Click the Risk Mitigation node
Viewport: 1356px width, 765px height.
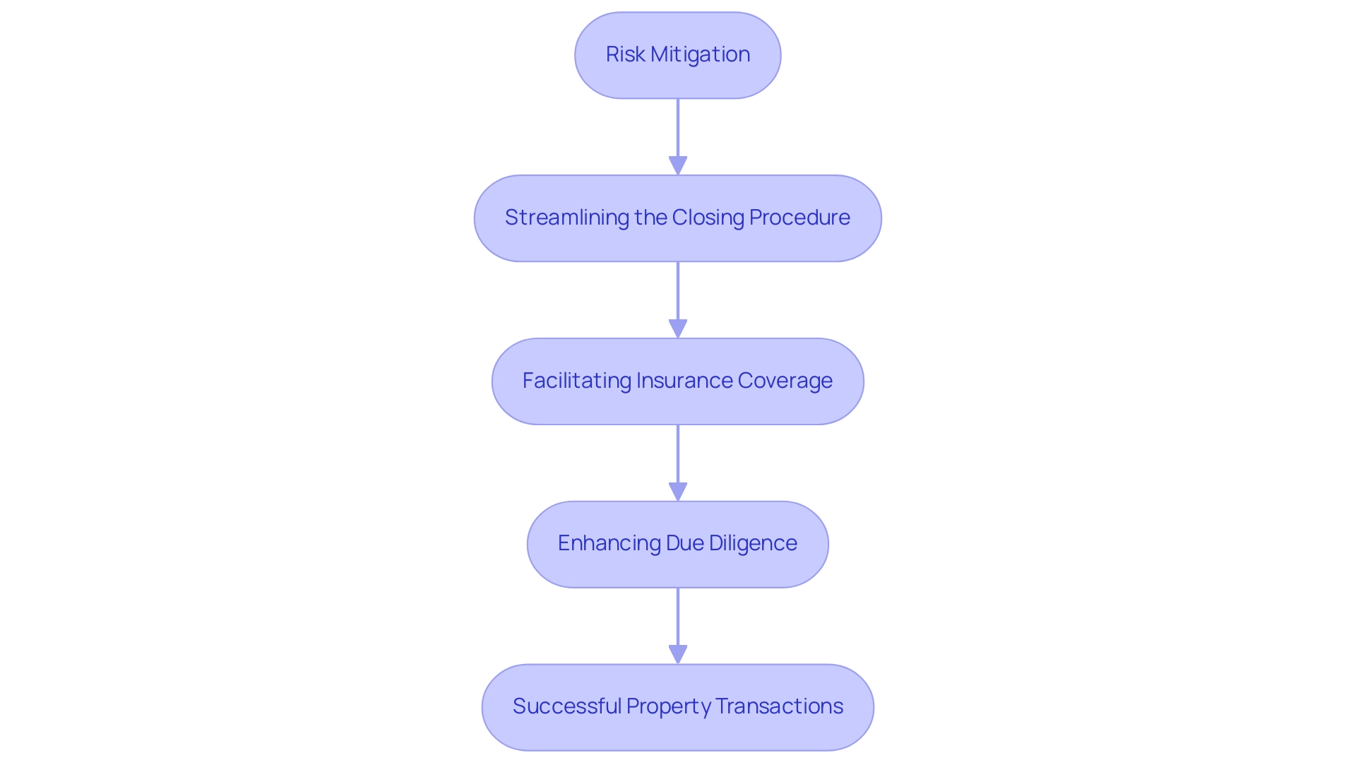click(677, 55)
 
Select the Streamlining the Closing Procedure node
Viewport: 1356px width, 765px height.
click(677, 218)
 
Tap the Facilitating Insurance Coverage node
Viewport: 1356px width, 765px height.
click(677, 381)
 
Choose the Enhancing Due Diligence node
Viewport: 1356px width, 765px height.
click(677, 544)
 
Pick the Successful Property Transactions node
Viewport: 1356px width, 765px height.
click(677, 707)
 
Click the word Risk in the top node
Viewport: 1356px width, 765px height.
click(625, 54)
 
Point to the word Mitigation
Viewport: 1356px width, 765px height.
click(700, 54)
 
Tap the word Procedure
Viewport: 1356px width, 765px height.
click(799, 218)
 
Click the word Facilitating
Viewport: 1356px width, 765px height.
click(576, 381)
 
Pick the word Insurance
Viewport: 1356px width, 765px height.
click(684, 381)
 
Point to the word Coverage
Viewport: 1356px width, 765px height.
click(785, 381)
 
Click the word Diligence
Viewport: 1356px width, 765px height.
click(753, 543)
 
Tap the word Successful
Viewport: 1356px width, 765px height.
click(566, 706)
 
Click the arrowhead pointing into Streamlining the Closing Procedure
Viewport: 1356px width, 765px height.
click(678, 165)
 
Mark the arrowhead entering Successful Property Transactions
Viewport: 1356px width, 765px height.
click(678, 654)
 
